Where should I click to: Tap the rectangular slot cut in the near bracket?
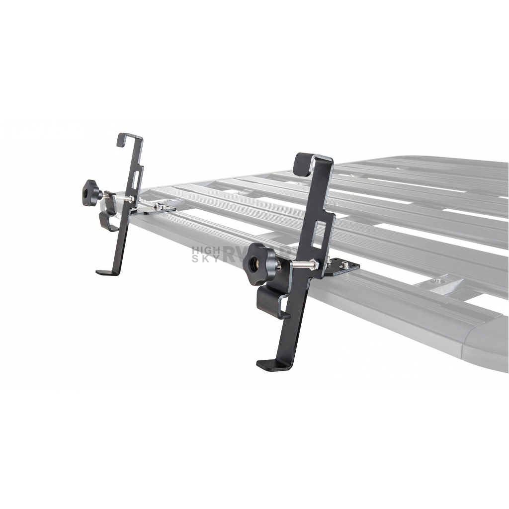(x=321, y=234)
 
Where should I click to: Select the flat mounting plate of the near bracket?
(x=343, y=267)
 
